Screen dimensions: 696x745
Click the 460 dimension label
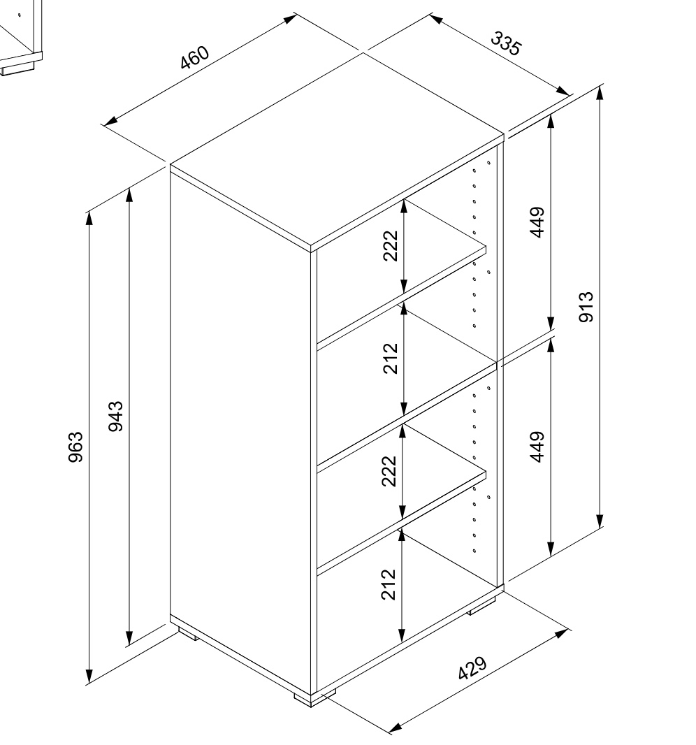[x=195, y=57]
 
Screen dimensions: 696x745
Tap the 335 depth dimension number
[x=506, y=44]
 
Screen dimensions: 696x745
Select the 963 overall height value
[x=76, y=447]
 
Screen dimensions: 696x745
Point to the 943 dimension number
[x=115, y=417]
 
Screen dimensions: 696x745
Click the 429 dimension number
[x=472, y=669]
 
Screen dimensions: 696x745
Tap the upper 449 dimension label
[x=537, y=222]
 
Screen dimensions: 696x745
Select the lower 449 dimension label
[x=537, y=447]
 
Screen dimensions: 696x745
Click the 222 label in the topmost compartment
[x=390, y=245]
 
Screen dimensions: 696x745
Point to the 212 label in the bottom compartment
[x=389, y=585]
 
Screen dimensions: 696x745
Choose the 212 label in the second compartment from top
[x=390, y=359]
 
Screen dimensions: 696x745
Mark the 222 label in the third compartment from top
[x=389, y=471]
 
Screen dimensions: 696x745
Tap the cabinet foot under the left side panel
[x=189, y=633]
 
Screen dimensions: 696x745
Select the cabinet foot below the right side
[x=481, y=606]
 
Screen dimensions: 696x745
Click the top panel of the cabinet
[x=336, y=150]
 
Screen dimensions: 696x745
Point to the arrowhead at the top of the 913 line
[x=600, y=94]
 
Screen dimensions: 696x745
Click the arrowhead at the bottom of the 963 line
[x=89, y=676]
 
